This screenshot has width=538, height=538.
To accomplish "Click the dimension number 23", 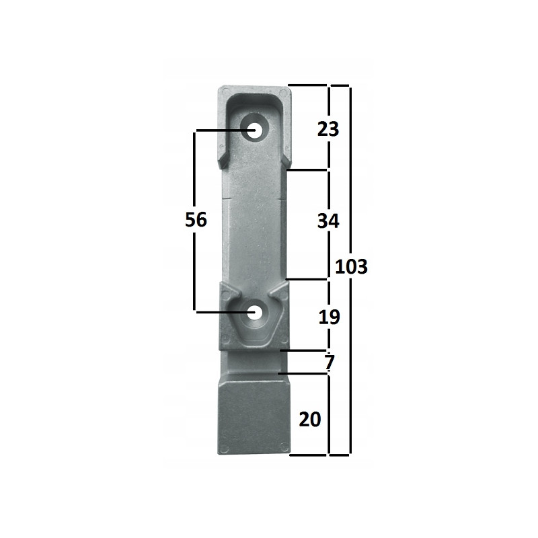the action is coord(328,129).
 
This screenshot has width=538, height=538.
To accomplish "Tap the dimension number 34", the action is coord(328,221).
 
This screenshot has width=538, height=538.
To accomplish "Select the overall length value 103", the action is coord(351,266).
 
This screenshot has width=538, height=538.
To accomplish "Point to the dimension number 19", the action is coord(329,317).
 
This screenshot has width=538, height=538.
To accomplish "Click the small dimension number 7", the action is coord(330,362).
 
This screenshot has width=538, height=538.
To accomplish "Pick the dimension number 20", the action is coord(310,419).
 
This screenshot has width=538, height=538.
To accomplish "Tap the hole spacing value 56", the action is coord(196,220).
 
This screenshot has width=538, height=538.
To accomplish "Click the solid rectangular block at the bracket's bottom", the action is coord(254,418).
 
